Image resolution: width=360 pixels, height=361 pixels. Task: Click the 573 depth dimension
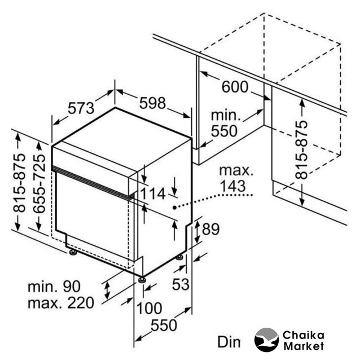(x=81, y=108)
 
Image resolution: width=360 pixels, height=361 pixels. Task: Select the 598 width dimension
(x=152, y=103)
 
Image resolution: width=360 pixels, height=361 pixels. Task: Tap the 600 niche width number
(x=235, y=87)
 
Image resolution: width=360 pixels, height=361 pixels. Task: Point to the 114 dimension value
(x=152, y=193)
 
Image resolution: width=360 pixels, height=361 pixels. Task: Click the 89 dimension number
(x=210, y=229)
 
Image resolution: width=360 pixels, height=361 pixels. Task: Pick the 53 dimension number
(x=181, y=284)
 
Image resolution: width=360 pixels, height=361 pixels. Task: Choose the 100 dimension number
(x=150, y=308)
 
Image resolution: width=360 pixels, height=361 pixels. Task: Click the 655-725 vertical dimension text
(x=38, y=184)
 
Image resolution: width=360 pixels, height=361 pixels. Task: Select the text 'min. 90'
(x=54, y=287)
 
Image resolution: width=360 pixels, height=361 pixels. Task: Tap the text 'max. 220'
(x=61, y=303)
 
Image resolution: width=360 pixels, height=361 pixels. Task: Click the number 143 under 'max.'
(x=233, y=186)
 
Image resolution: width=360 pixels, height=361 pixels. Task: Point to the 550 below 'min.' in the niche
(x=224, y=131)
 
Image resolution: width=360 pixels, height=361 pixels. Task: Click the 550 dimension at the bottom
(x=164, y=325)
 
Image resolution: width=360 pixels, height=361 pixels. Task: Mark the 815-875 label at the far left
(x=19, y=183)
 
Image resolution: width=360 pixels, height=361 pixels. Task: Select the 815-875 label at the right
(x=301, y=149)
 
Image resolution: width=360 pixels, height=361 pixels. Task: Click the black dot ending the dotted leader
(x=175, y=208)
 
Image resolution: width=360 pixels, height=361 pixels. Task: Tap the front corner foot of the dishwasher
(x=142, y=280)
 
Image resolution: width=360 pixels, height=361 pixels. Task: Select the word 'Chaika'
(x=304, y=336)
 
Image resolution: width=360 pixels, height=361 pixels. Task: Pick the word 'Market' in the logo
(x=304, y=346)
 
